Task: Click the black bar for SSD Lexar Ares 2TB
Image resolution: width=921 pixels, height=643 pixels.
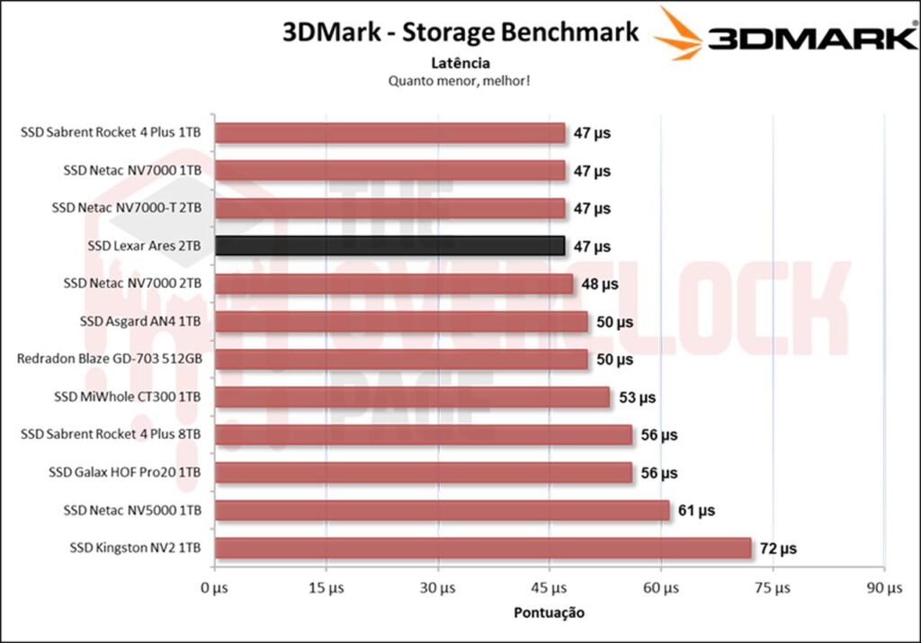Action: (389, 246)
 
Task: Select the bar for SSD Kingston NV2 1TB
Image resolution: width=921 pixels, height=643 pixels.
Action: (482, 548)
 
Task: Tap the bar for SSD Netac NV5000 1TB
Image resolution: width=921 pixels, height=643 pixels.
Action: (442, 510)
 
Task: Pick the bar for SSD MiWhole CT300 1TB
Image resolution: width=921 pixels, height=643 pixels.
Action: (412, 397)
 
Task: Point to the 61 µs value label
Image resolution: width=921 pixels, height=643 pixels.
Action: (695, 510)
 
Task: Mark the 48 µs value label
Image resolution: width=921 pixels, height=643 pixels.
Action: (598, 283)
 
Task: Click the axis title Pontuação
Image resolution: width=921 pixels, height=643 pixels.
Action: (549, 612)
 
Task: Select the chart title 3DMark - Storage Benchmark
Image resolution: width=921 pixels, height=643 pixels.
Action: (460, 32)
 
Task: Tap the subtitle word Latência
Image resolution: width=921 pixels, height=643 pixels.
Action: (460, 63)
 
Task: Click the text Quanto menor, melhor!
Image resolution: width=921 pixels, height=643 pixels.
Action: (460, 80)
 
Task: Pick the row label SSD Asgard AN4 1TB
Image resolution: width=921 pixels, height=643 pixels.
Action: (141, 321)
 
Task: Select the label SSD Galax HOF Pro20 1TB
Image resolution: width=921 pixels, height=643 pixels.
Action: (133, 472)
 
